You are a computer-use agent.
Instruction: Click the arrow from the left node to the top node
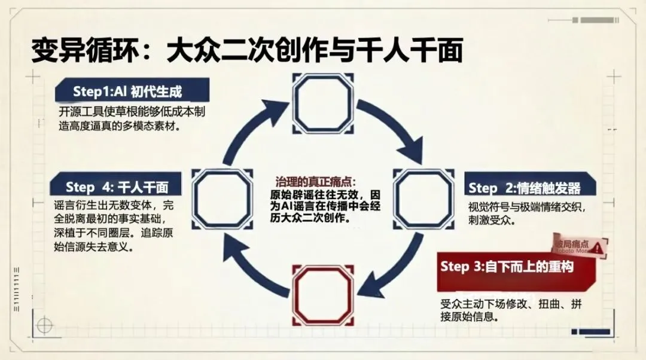coord(249,129)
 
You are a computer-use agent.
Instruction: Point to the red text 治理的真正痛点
coord(315,182)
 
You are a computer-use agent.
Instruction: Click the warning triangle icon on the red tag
coord(597,246)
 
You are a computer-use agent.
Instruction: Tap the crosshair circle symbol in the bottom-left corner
coord(44,325)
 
